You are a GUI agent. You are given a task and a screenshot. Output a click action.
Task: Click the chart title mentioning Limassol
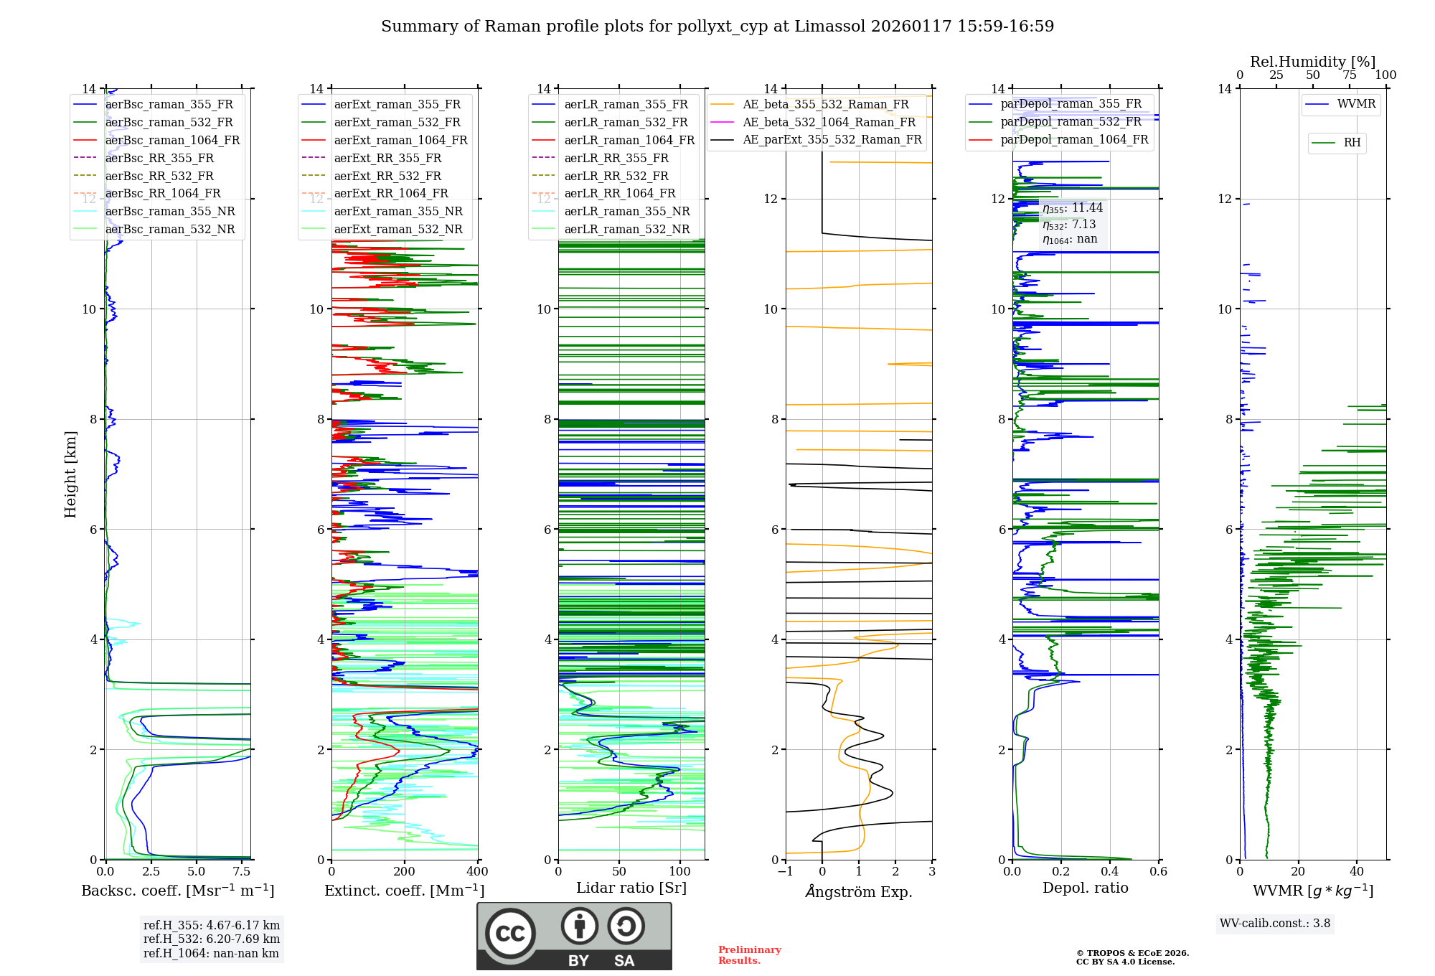click(717, 27)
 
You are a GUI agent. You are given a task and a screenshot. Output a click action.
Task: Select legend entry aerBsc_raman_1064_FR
click(172, 141)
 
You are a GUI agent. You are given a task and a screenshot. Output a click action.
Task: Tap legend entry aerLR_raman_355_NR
click(626, 212)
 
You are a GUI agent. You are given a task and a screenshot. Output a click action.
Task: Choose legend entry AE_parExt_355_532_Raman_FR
click(832, 140)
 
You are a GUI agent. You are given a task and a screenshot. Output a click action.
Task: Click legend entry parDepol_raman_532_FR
click(1071, 122)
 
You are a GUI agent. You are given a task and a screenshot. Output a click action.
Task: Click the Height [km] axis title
click(70, 474)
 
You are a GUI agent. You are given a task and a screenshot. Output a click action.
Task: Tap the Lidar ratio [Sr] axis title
click(631, 888)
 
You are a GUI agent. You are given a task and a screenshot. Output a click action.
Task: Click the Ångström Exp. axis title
click(859, 891)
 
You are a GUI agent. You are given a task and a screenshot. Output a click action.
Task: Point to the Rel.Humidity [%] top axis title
click(1312, 62)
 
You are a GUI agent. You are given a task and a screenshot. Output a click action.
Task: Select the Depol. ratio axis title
click(1086, 888)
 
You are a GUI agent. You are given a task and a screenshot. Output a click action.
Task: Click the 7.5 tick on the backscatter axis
click(242, 872)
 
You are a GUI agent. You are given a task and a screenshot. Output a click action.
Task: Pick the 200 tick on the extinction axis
click(405, 872)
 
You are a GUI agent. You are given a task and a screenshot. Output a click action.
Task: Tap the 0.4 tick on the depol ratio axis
click(1110, 872)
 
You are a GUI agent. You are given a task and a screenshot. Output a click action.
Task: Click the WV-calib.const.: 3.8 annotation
click(1275, 924)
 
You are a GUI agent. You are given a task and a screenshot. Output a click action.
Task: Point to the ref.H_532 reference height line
click(212, 939)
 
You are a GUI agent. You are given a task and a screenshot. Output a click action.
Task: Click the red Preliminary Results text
click(749, 955)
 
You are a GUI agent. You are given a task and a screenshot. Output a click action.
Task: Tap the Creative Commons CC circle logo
click(510, 934)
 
